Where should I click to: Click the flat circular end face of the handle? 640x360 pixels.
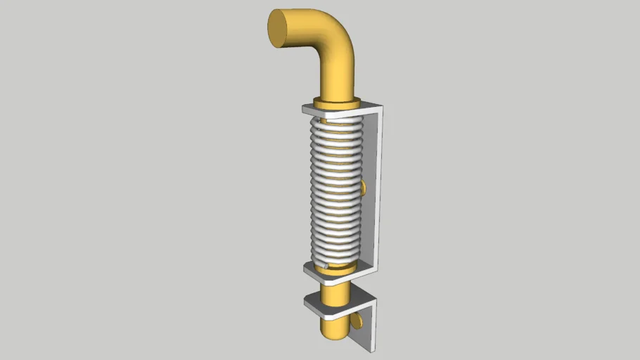279,28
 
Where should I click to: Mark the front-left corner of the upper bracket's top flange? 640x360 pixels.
305,109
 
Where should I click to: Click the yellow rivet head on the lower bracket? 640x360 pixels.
359,319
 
